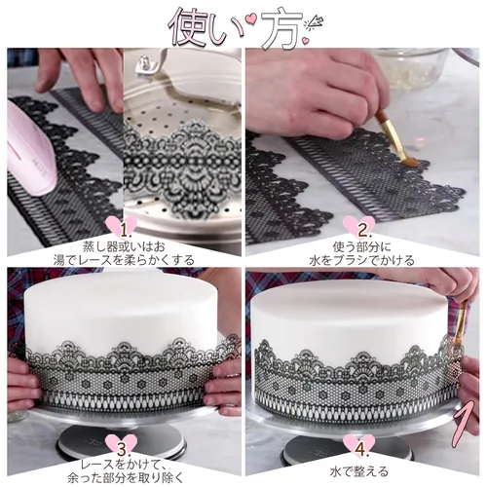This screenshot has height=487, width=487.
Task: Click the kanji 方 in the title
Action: pyautogui.click(x=281, y=28)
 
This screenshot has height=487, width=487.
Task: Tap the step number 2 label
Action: pyautogui.click(x=362, y=231)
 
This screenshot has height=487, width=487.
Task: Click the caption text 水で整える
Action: pyautogui.click(x=359, y=471)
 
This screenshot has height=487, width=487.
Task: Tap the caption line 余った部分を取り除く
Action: pyautogui.click(x=126, y=478)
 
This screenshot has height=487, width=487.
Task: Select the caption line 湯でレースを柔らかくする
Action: pyautogui.click(x=124, y=260)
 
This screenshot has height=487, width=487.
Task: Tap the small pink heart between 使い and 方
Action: pyautogui.click(x=250, y=19)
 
